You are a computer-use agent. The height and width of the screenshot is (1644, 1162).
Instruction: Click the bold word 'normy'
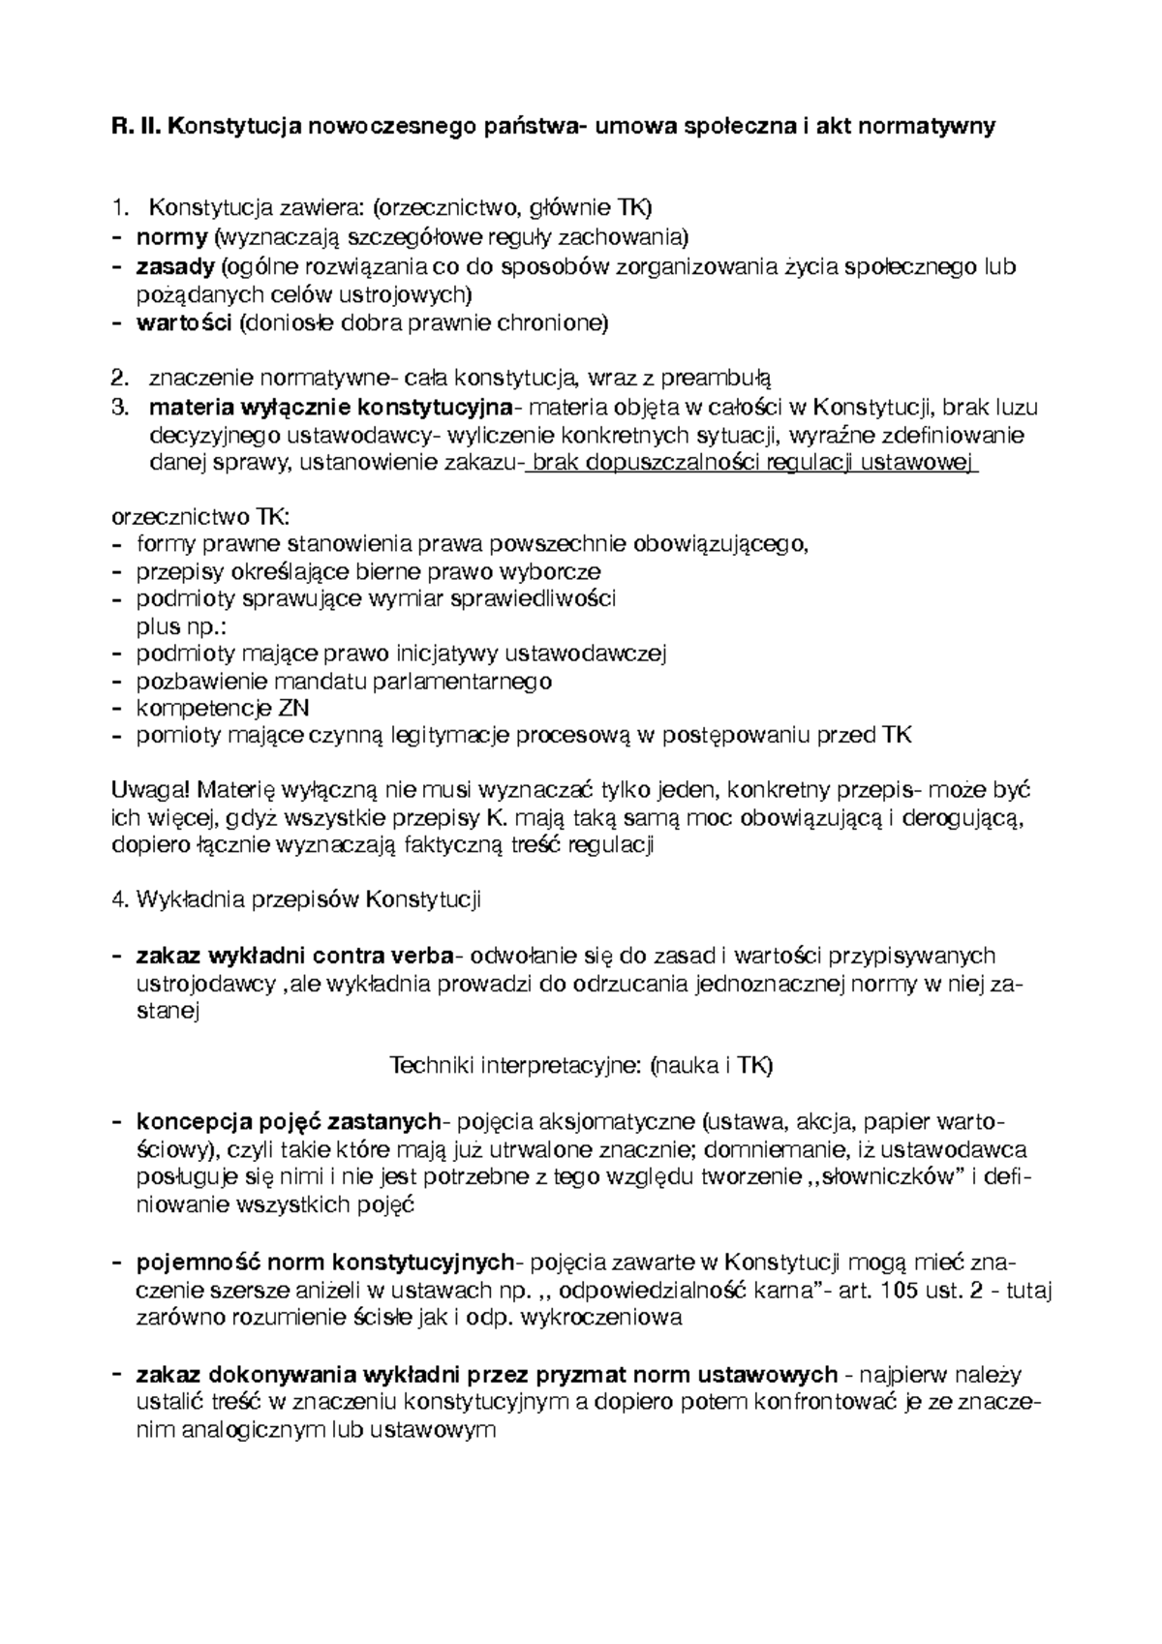[171, 236]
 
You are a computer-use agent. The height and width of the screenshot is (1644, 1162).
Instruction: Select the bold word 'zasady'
[175, 266]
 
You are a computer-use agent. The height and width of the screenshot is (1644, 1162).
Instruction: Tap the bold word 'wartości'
[184, 323]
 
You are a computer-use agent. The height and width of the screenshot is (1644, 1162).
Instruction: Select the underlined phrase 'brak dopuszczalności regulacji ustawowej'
[751, 464]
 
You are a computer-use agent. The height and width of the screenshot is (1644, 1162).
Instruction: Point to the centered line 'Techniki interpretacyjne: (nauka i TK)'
[580, 1066]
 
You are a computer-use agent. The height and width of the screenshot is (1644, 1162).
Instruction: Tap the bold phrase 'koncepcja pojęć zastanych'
[289, 1122]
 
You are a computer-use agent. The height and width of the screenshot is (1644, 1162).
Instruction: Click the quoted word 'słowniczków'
[887, 1178]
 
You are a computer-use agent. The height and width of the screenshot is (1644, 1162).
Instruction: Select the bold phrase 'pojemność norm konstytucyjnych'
[325, 1263]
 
